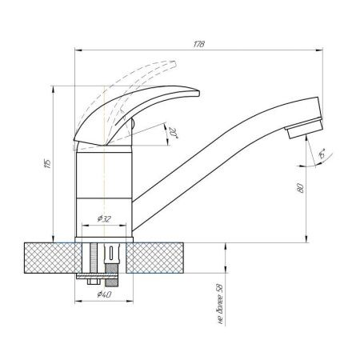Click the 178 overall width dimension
click(x=199, y=42)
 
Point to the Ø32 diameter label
click(x=103, y=218)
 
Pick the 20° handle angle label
click(x=174, y=132)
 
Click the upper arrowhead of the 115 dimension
click(x=54, y=88)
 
